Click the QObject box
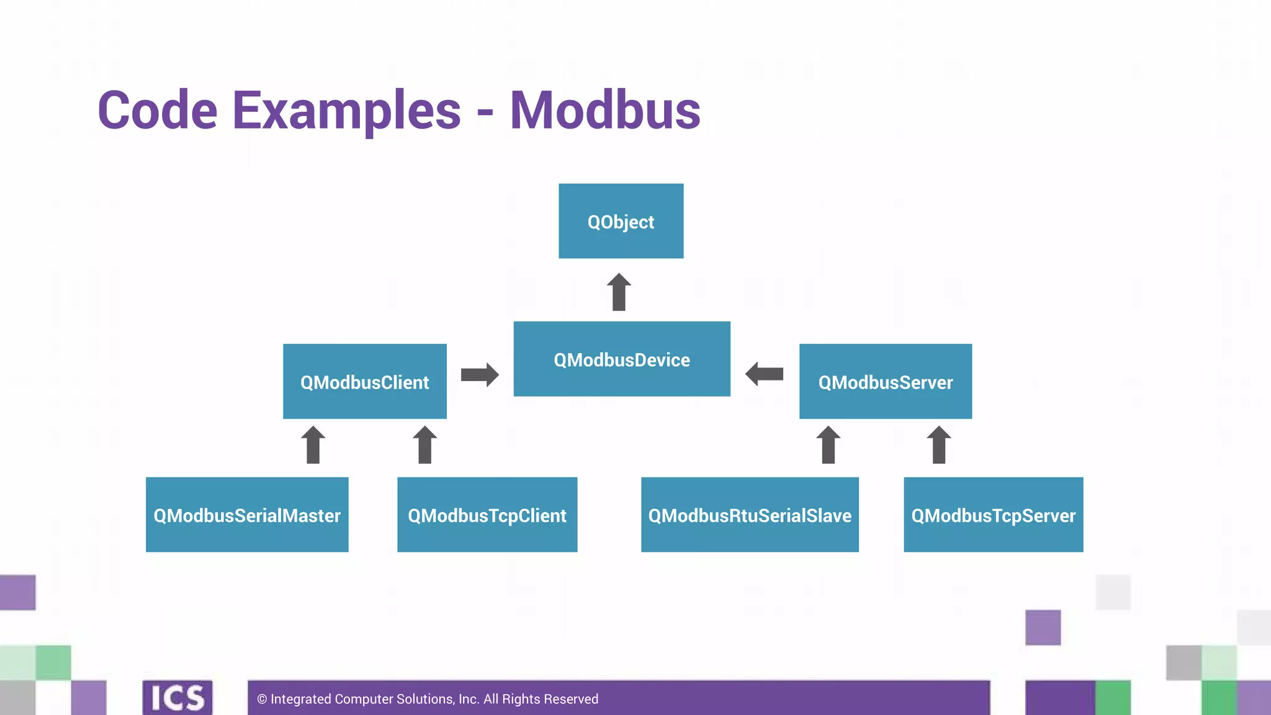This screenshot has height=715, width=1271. [x=621, y=221]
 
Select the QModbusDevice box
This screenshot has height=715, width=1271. [x=622, y=359]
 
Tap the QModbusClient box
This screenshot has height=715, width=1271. [x=365, y=381]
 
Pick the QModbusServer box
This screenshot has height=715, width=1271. [x=886, y=381]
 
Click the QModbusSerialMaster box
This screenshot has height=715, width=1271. [x=247, y=515]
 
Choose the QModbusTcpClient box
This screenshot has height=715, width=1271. [x=487, y=515]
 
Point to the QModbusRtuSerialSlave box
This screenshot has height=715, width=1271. [x=750, y=515]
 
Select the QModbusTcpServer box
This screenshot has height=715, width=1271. [x=993, y=515]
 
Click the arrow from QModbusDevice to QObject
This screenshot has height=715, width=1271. [x=619, y=292]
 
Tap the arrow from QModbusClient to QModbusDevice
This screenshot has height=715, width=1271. [x=480, y=374]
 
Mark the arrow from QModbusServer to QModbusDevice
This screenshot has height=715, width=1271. [x=764, y=374]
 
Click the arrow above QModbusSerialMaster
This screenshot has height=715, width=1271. [x=313, y=445]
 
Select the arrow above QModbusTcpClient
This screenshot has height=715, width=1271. [x=425, y=445]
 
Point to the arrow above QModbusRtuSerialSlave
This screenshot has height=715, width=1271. [x=829, y=445]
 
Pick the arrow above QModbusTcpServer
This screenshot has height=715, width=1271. [x=939, y=445]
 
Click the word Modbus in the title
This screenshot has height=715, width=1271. [x=605, y=110]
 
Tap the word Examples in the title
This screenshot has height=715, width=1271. [x=346, y=110]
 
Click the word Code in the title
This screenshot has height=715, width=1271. [x=158, y=110]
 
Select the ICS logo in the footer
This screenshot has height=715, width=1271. [x=177, y=698]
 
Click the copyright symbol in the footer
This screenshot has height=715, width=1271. [x=262, y=699]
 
